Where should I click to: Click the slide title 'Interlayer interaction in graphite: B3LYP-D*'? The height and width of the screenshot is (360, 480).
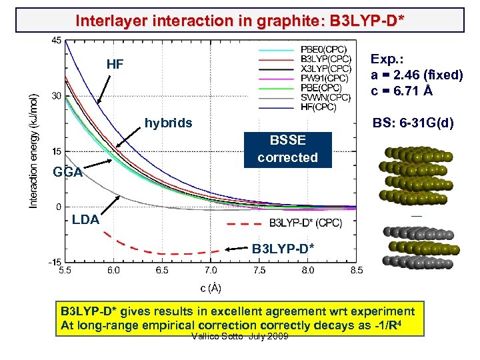[x=239, y=20]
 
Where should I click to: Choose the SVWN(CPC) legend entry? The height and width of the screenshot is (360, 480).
[x=325, y=97]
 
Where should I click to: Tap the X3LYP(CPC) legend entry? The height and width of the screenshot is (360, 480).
[x=326, y=69]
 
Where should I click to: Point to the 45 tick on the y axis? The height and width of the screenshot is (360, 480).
[x=56, y=41]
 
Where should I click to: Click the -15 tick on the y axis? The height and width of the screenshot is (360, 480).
[x=55, y=262]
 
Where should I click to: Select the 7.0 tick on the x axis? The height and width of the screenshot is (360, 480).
[x=211, y=271]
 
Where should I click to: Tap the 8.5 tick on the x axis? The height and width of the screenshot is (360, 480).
[x=357, y=271]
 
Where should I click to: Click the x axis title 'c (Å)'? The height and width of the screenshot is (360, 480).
[x=211, y=288]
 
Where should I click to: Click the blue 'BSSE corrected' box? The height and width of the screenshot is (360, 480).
[x=288, y=149]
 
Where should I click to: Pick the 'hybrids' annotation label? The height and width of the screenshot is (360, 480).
[x=169, y=123]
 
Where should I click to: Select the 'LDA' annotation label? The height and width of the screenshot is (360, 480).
[x=85, y=219]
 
